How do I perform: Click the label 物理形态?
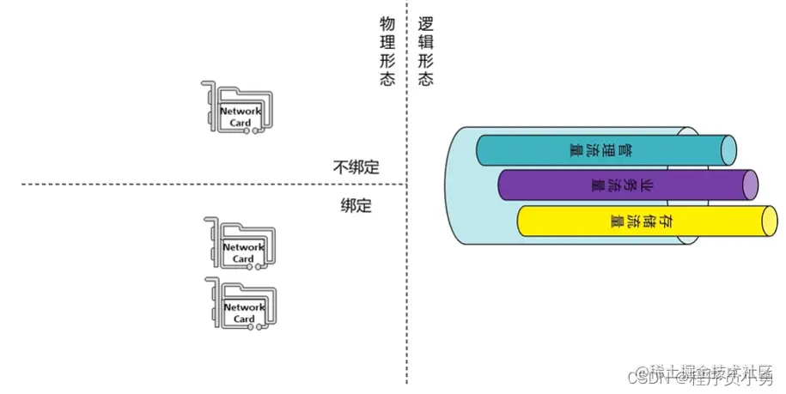[x=387, y=51]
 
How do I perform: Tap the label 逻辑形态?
[x=425, y=51]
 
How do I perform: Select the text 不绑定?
[x=356, y=167]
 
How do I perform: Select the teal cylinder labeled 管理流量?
[x=601, y=150]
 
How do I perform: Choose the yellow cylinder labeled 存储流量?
[x=640, y=221]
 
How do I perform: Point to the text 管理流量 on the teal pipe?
[x=601, y=150]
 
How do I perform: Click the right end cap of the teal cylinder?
[x=729, y=150]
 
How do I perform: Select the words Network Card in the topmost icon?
[x=241, y=117]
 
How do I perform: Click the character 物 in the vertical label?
[x=387, y=22]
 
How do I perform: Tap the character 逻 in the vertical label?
[x=425, y=22]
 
